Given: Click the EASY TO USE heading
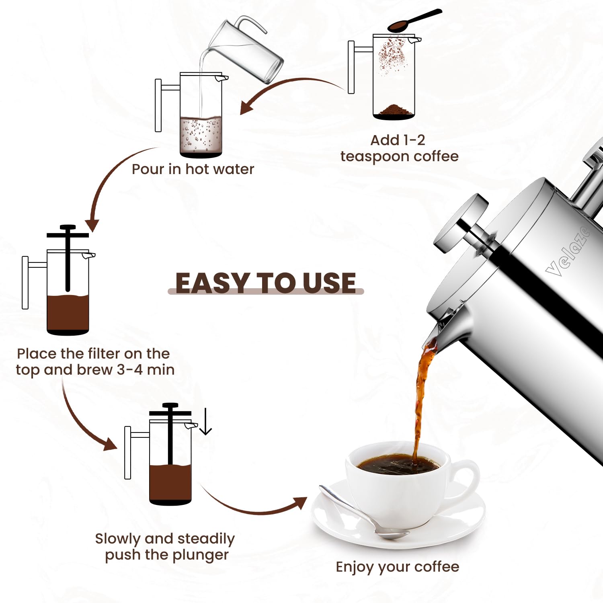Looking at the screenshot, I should point(265,283).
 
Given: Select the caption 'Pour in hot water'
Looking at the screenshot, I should point(193,169).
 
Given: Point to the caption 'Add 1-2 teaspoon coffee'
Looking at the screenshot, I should point(399,148).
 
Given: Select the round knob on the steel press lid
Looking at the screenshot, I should point(460,223).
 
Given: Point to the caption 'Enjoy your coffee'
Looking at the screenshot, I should point(397,566).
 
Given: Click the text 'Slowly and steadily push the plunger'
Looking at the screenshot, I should point(165,546).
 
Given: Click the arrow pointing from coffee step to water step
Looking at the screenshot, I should point(289,88).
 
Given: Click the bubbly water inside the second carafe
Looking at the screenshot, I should point(201,135).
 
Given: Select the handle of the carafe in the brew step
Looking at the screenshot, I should point(25,283).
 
